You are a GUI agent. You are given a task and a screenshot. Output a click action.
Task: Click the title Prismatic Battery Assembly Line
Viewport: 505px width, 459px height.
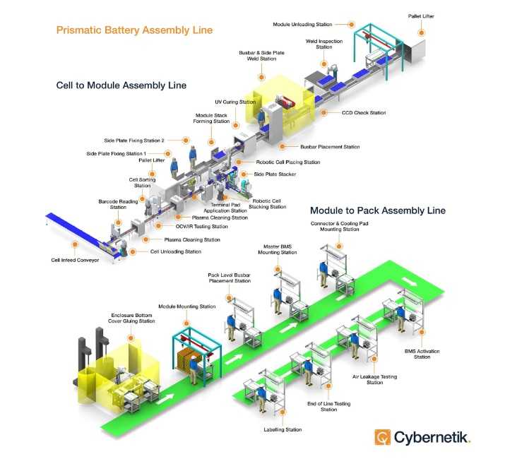[x=134, y=30]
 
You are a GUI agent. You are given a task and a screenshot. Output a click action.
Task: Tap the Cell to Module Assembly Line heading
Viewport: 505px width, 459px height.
[x=121, y=85]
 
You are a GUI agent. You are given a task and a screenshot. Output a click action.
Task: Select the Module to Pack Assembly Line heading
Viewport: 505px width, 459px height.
[x=377, y=210]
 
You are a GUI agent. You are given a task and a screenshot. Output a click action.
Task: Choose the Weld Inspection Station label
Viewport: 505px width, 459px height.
[x=324, y=45]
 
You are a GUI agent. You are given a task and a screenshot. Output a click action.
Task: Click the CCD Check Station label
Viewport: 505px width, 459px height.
[x=363, y=112]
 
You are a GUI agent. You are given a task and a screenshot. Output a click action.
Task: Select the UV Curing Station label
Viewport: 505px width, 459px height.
[x=235, y=102]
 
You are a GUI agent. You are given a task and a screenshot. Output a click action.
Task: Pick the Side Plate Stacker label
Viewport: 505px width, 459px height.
[x=275, y=174]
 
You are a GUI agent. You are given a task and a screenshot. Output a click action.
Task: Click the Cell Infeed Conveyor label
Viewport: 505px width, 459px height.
[x=75, y=260]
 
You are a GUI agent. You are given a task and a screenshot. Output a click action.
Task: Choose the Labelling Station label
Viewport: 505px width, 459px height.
[x=284, y=429]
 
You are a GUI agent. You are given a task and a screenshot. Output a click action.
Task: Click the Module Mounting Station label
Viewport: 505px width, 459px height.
[x=187, y=306]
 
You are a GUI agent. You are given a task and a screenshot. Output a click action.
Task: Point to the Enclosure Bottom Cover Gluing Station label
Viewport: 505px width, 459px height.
[x=133, y=318]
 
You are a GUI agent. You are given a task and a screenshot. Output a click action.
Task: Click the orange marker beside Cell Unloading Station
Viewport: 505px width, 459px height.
[x=145, y=251]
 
